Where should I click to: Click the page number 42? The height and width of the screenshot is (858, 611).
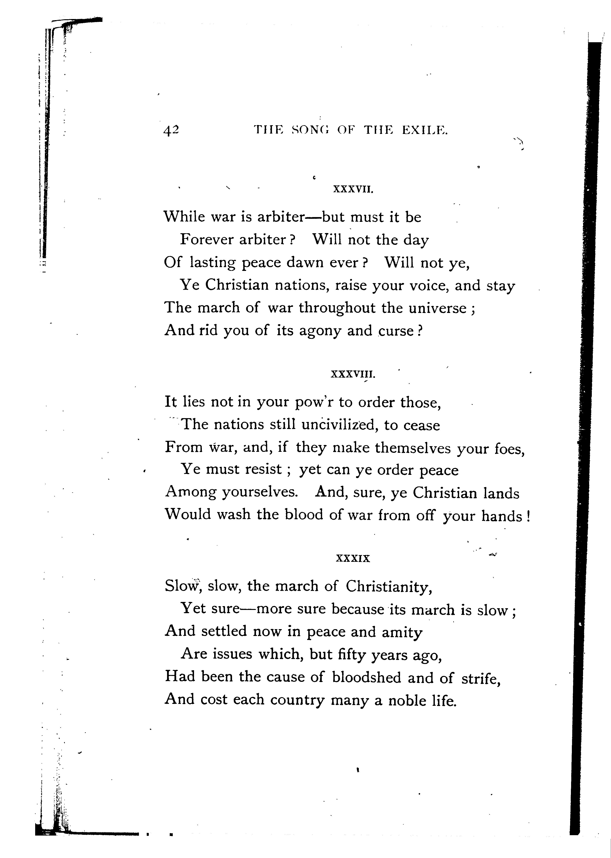(x=171, y=130)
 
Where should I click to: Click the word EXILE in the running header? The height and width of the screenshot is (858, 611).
(x=425, y=130)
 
